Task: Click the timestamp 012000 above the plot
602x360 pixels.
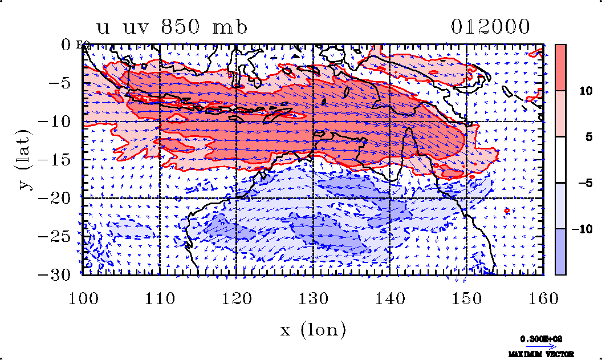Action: click(x=490, y=27)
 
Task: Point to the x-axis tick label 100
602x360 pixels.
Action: click(x=83, y=297)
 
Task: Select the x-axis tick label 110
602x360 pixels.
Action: click(x=160, y=297)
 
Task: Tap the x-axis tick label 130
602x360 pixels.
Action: click(x=313, y=297)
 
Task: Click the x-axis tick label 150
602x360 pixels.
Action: click(x=466, y=297)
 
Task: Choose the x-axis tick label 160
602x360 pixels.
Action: click(x=543, y=297)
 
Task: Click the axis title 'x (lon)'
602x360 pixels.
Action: click(x=313, y=329)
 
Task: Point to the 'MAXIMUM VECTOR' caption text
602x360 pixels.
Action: click(x=541, y=354)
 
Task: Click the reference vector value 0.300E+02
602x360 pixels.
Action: click(x=541, y=338)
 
